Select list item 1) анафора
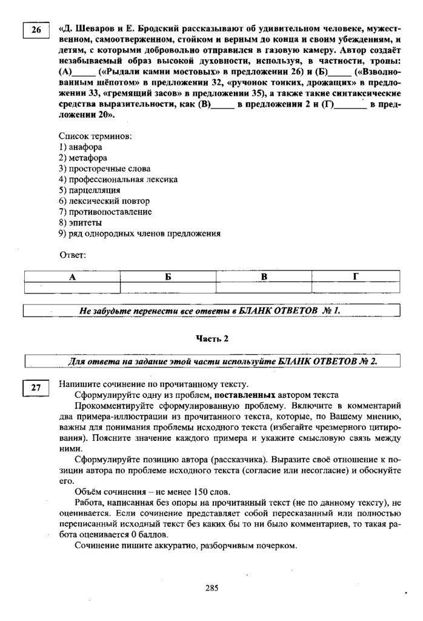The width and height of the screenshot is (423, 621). point(81,147)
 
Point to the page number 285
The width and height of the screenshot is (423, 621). point(211,587)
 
